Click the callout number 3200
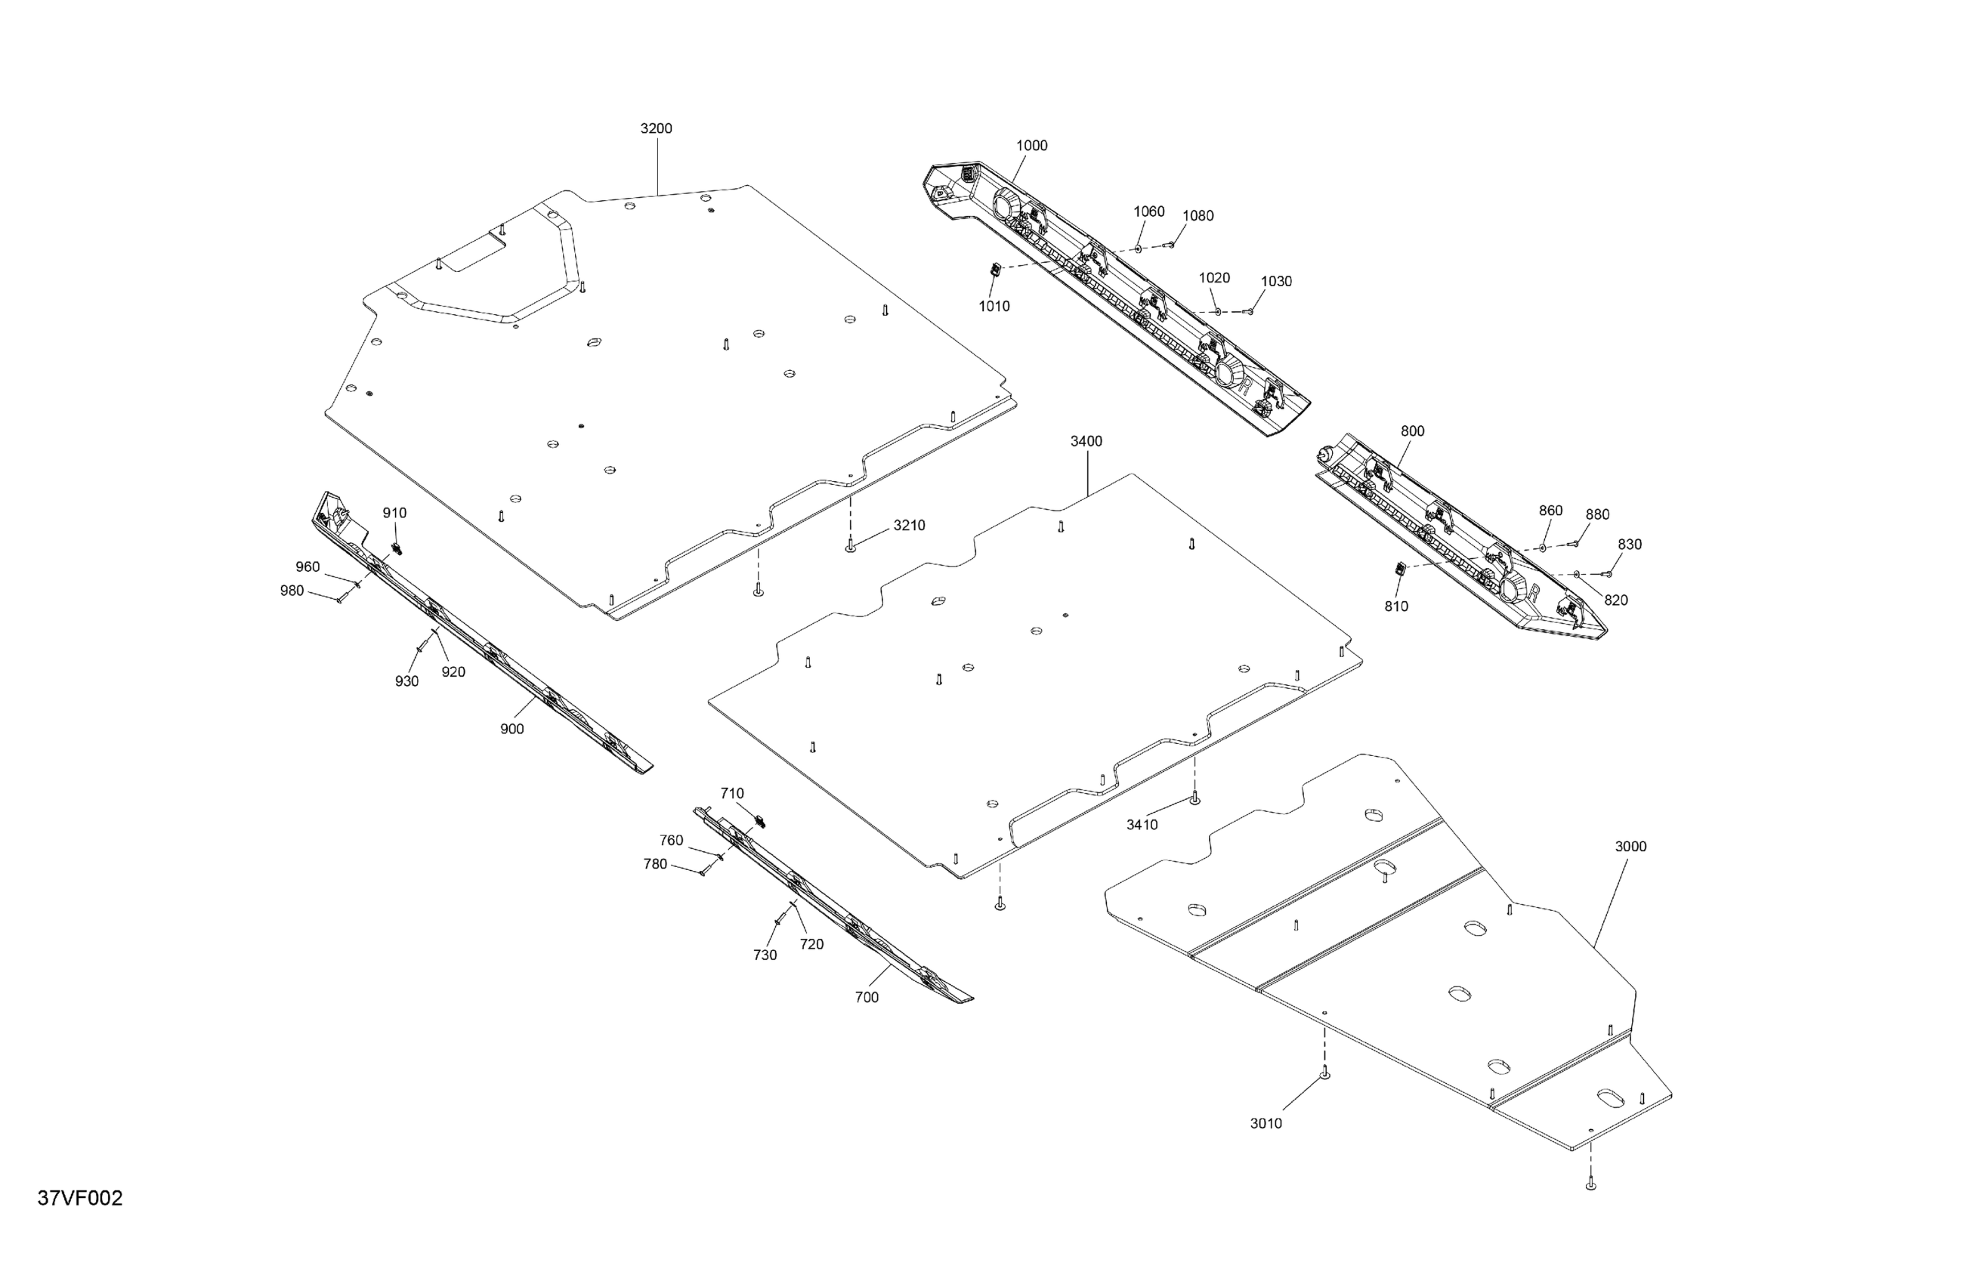[x=656, y=129]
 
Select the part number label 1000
[x=1031, y=146]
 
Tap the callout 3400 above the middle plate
[x=1086, y=441]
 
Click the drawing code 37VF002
[x=80, y=1199]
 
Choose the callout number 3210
[x=909, y=525]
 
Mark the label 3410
[x=1142, y=825]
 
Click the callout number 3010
[x=1266, y=1123]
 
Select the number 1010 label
[x=994, y=306]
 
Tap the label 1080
[x=1198, y=215]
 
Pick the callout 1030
[x=1276, y=281]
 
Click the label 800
[x=1413, y=431]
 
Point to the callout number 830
[x=1630, y=545]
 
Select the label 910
[x=394, y=514]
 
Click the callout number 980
[x=292, y=591]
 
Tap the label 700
[x=867, y=997]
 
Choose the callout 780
[x=655, y=865]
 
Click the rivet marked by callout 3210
[x=850, y=548]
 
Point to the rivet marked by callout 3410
[x=1195, y=798]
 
